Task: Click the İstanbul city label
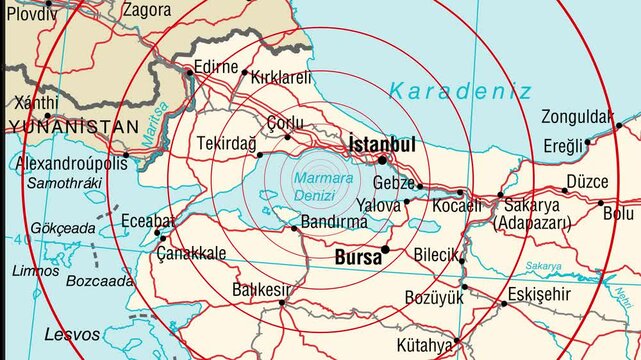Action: tap(381, 144)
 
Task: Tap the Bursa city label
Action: tap(357, 258)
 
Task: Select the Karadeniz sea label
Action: tap(459, 91)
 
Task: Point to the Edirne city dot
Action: tap(189, 72)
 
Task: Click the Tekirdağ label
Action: tap(226, 143)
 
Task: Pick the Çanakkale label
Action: tap(191, 253)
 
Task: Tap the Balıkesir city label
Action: tap(261, 290)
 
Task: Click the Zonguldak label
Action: tap(576, 116)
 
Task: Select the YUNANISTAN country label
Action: tap(72, 127)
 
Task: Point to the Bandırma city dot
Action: tap(294, 229)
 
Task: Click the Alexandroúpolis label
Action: tap(72, 163)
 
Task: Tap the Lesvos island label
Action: tap(72, 334)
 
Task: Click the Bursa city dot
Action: tap(386, 249)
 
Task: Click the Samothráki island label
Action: tap(65, 184)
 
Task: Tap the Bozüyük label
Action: tap(434, 297)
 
